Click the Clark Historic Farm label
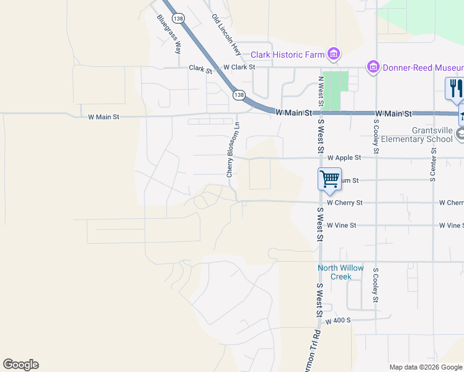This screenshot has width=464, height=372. click(x=287, y=55)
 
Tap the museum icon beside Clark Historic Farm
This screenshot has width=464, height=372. click(x=334, y=54)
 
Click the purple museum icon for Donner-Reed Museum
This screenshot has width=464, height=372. click(x=373, y=66)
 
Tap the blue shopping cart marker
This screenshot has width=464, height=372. click(x=329, y=179)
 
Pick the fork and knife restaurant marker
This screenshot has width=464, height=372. click(x=455, y=88)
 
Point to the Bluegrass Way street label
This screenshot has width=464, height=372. click(x=169, y=35)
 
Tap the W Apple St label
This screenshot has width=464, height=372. click(x=344, y=158)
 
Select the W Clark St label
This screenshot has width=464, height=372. click(x=239, y=66)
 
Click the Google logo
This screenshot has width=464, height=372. click(x=20, y=365)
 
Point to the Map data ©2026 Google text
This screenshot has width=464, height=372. click(x=425, y=367)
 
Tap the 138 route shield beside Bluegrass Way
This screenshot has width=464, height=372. click(x=179, y=20)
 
